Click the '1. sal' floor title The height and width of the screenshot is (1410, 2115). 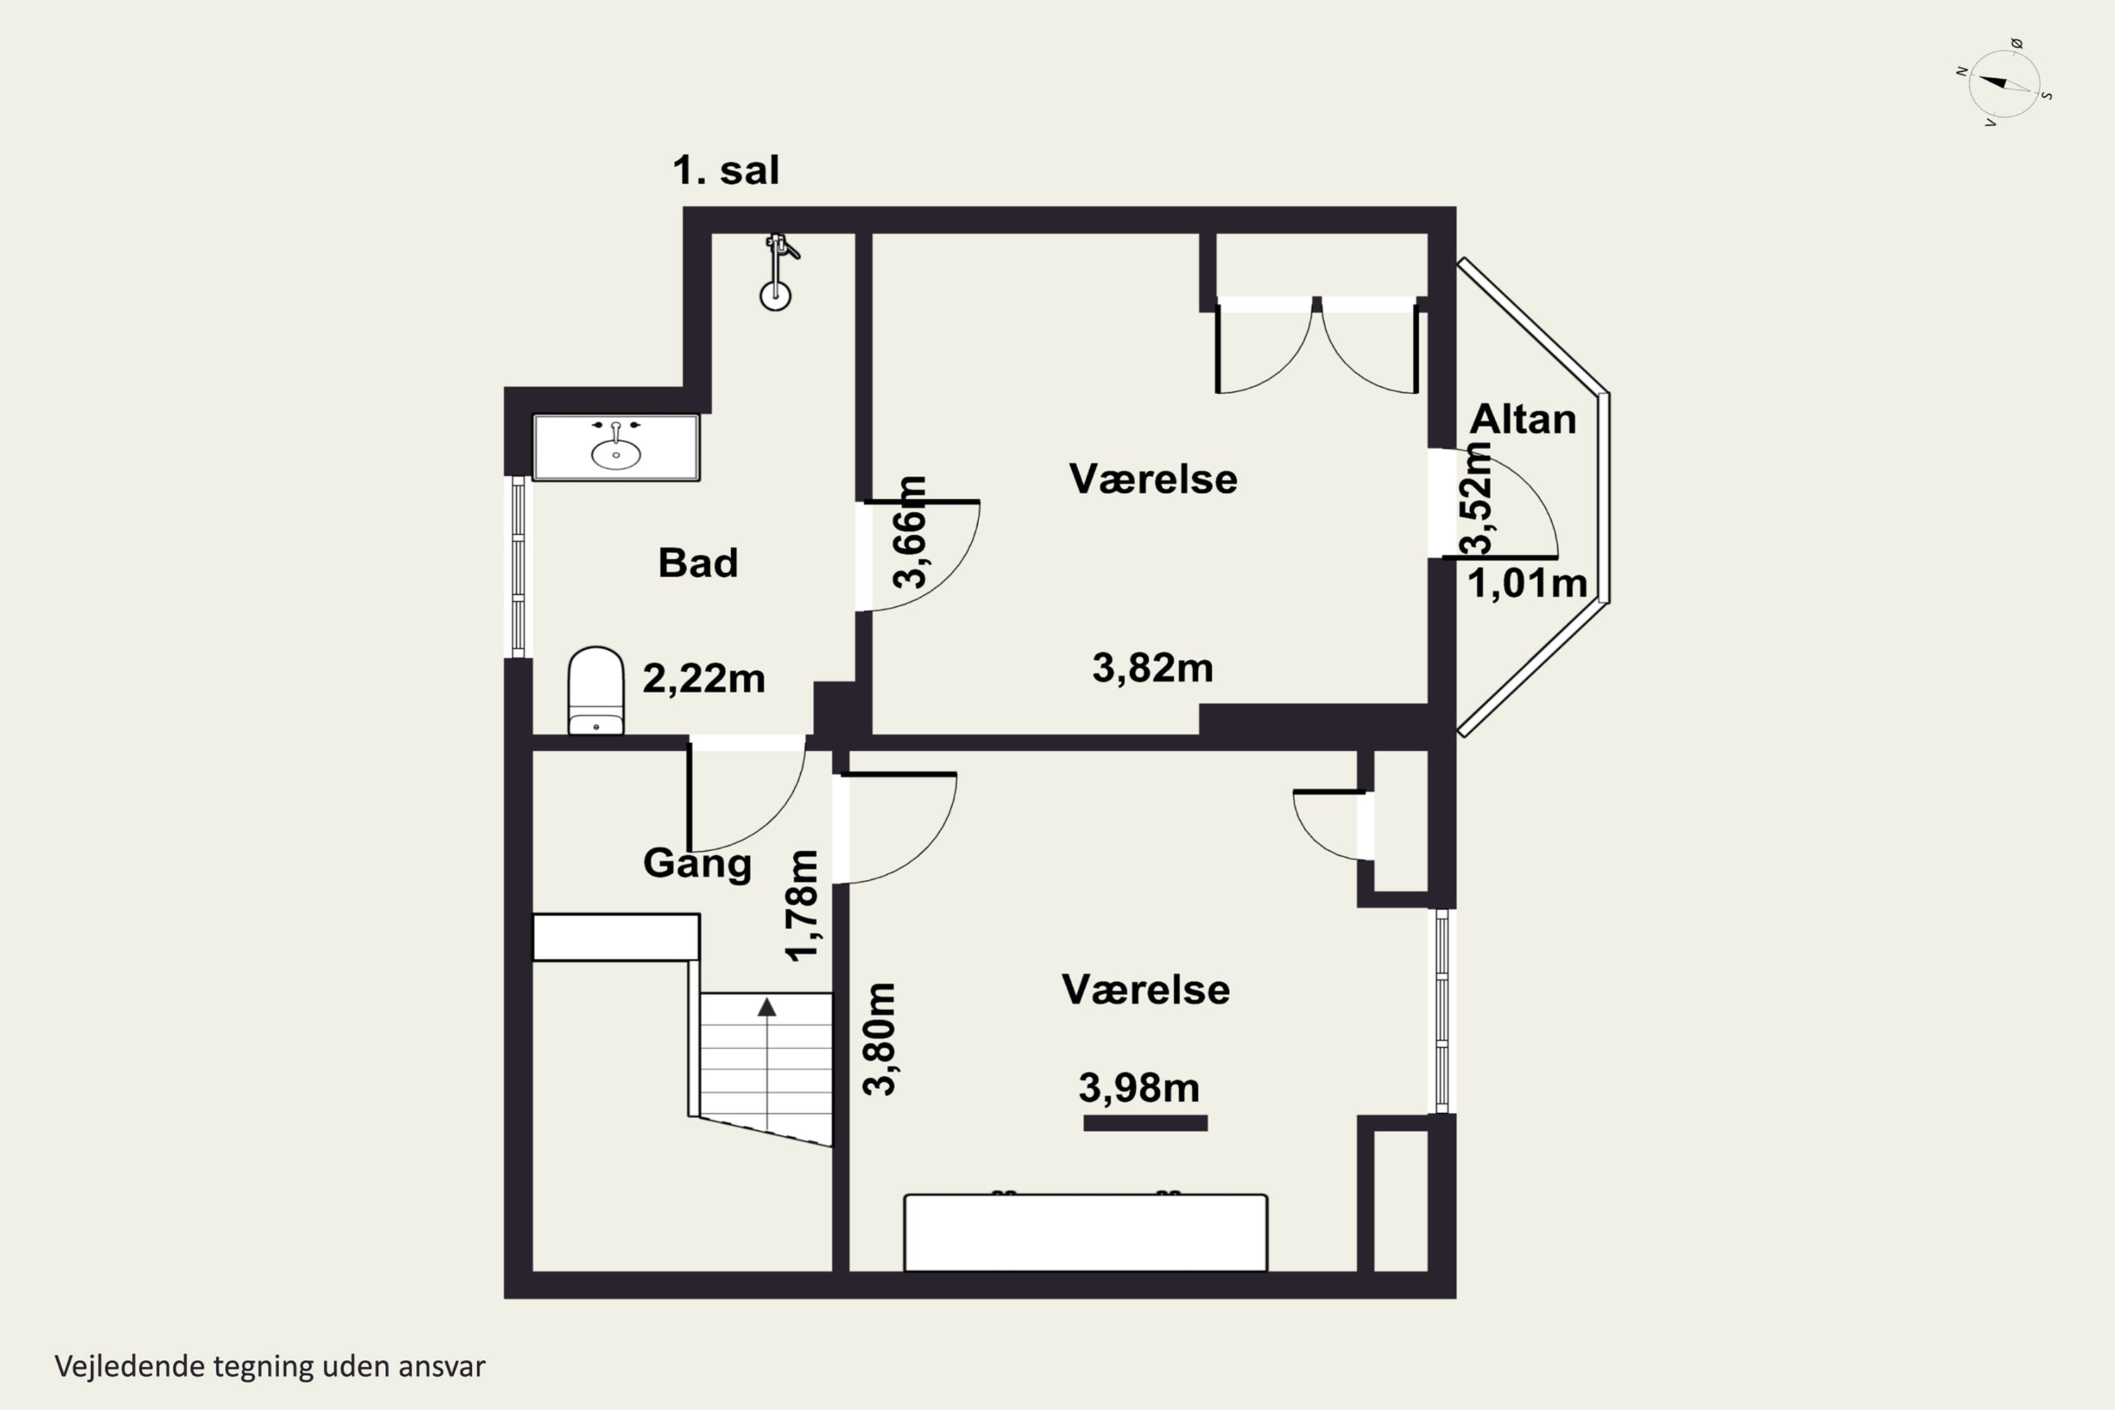pyautogui.click(x=725, y=170)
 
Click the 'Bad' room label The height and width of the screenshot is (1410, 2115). pyautogui.click(x=698, y=563)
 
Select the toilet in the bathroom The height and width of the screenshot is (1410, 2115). pyautogui.click(x=596, y=691)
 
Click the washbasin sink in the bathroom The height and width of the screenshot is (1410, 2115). pyautogui.click(x=616, y=447)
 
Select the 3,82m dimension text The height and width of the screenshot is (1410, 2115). pyautogui.click(x=1153, y=668)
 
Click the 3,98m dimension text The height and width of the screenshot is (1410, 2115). pyautogui.click(x=1139, y=1088)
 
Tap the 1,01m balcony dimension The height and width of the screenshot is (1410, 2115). pyautogui.click(x=1527, y=584)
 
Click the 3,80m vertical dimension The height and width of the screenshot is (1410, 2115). pyautogui.click(x=879, y=1038)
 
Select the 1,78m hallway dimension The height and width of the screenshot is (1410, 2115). pyautogui.click(x=802, y=905)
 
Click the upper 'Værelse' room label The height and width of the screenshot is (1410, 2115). pyautogui.click(x=1153, y=479)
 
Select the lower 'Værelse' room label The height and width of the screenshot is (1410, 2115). pyautogui.click(x=1146, y=989)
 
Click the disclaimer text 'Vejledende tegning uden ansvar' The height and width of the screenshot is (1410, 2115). pyautogui.click(x=270, y=1367)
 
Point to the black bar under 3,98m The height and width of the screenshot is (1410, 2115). pyautogui.click(x=1146, y=1123)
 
